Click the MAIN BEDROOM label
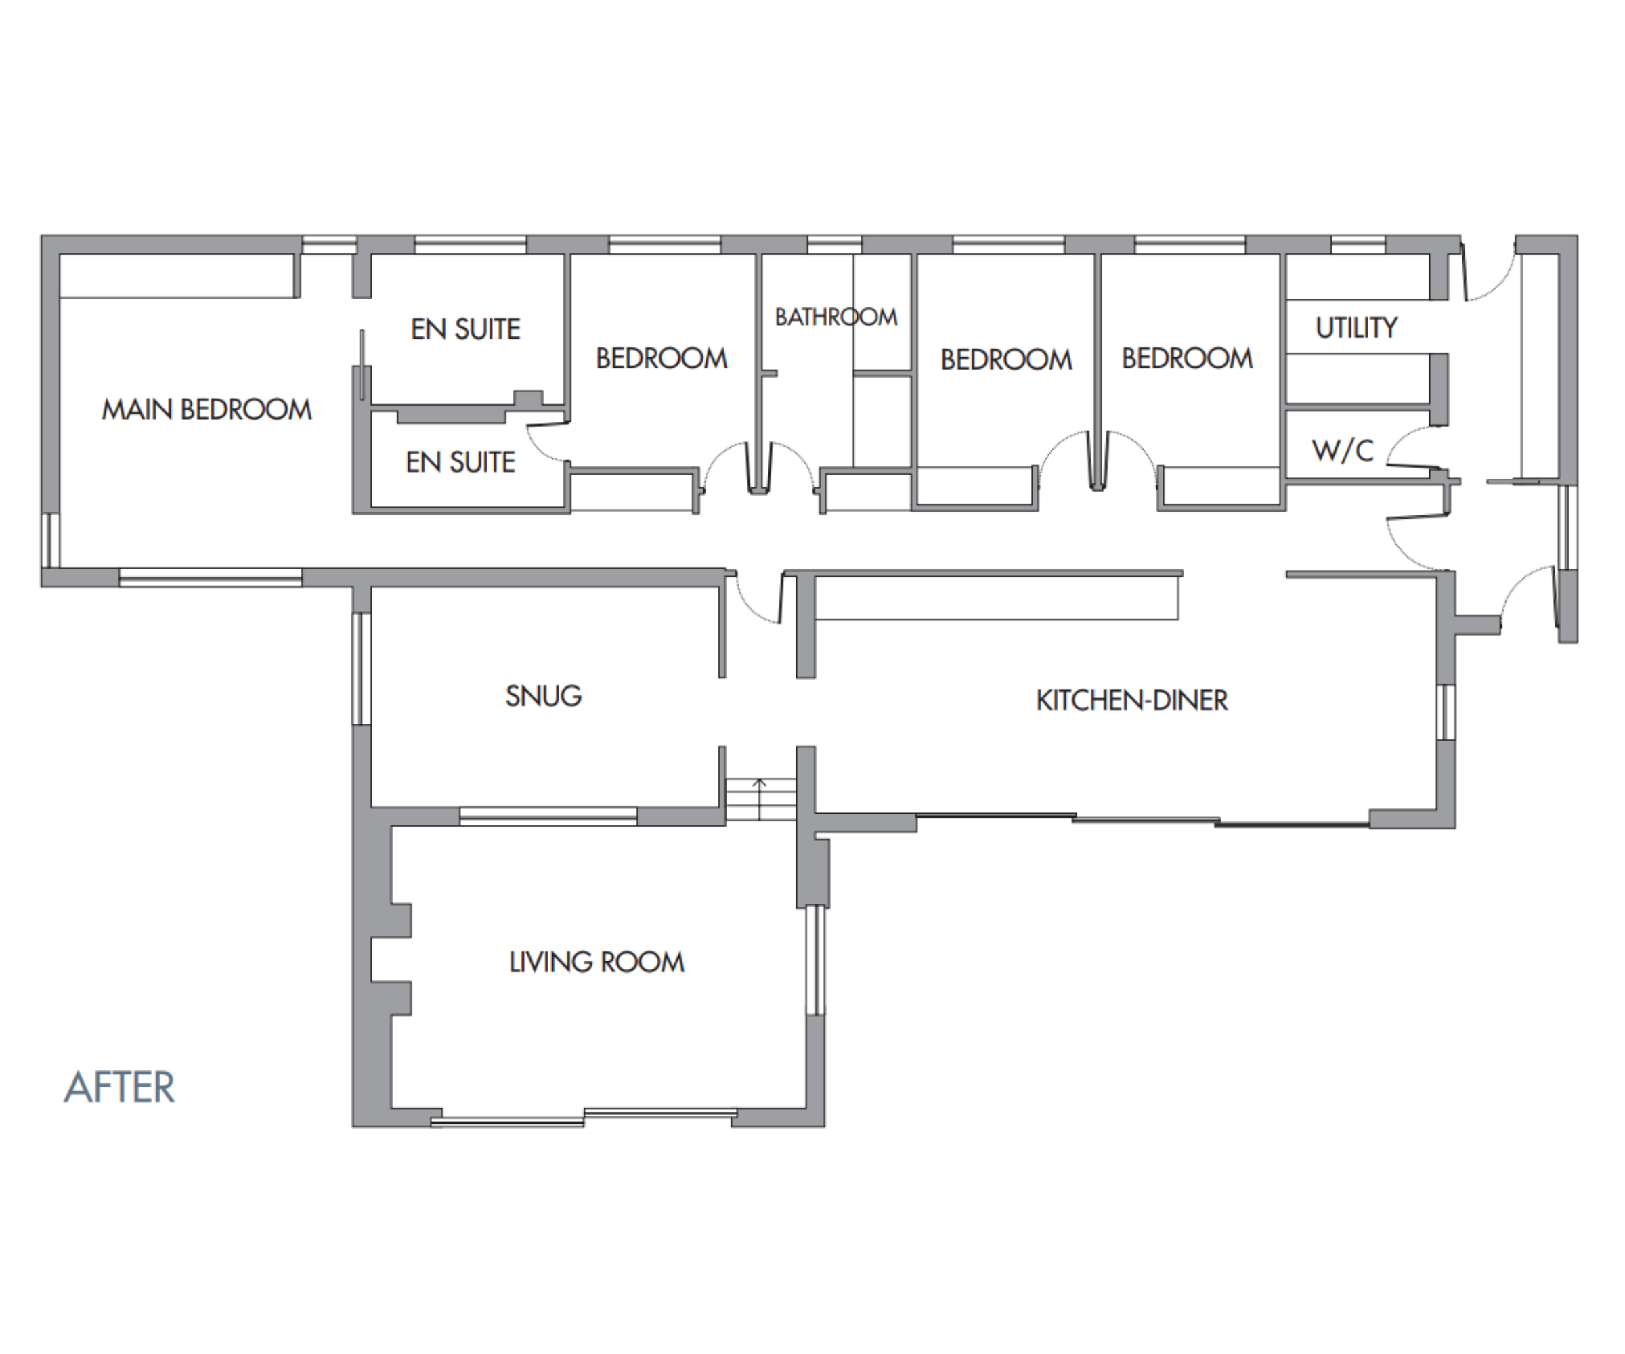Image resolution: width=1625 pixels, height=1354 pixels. coord(207,410)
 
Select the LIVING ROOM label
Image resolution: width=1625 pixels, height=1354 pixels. coord(597,962)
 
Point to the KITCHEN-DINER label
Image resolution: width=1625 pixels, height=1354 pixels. coord(1131,700)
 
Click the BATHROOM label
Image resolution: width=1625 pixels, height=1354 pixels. coord(836,316)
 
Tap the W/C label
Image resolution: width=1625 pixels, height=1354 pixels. coord(1343,450)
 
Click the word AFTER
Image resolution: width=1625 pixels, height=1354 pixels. coord(120,1087)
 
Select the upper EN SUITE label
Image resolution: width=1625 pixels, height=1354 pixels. coord(465,329)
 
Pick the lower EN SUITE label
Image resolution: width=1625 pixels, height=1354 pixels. coord(460,462)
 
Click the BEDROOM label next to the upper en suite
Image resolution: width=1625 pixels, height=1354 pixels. coord(662,358)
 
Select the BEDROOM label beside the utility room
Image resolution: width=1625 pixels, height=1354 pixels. coord(1187,358)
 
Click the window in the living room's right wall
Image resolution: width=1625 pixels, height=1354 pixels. coord(813,959)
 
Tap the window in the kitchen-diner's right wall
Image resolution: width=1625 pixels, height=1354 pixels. coord(1446,712)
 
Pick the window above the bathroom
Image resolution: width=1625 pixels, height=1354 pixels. coord(834,244)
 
